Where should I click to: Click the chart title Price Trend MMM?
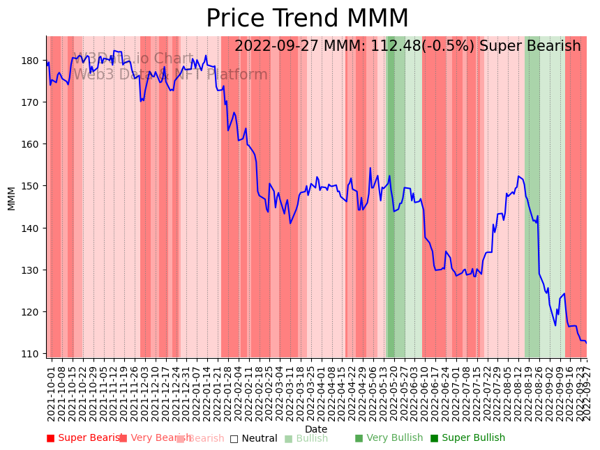tap(307, 19)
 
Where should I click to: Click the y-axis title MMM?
tap(11, 198)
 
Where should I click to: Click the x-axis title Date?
tap(316, 429)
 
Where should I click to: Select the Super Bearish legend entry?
tap(84, 438)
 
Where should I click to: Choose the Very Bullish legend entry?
tap(389, 438)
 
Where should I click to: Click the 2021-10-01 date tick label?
tap(51, 390)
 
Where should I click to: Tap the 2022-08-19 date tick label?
tap(528, 390)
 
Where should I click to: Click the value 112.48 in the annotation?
tap(397, 47)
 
